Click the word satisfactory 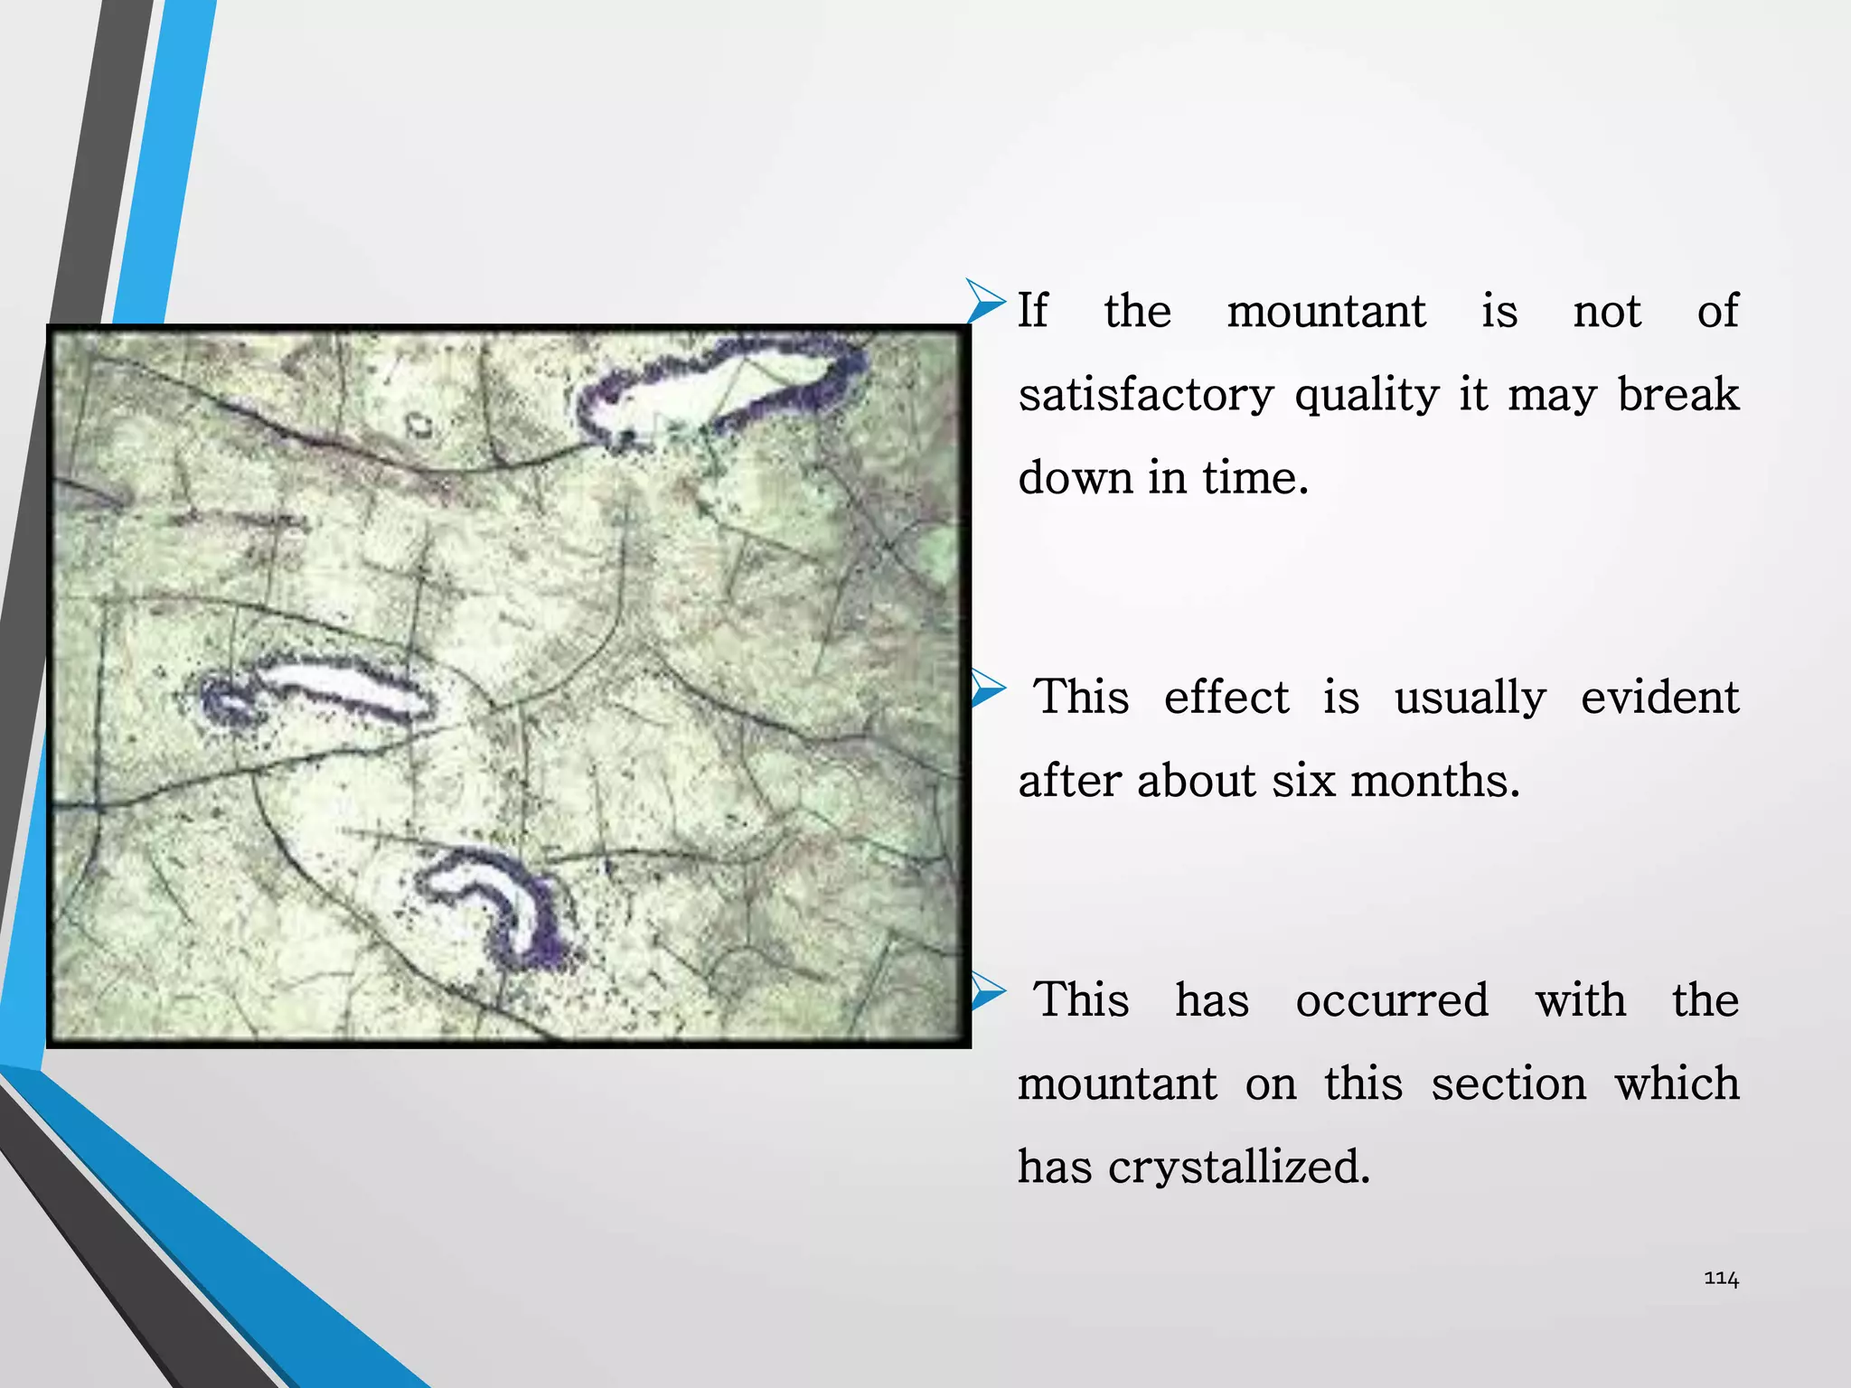point(1146,396)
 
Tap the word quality point(1367,396)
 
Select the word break point(1677,394)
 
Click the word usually point(1470,698)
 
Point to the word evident point(1659,698)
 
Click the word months point(1435,781)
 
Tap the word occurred point(1392,1000)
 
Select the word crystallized point(1239,1168)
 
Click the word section point(1508,1083)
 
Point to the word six point(1303,781)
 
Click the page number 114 point(1721,1279)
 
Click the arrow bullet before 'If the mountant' point(984,301)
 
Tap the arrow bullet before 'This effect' point(987,689)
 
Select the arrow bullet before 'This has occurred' point(987,992)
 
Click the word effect point(1226,698)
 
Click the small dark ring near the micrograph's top point(418,424)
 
